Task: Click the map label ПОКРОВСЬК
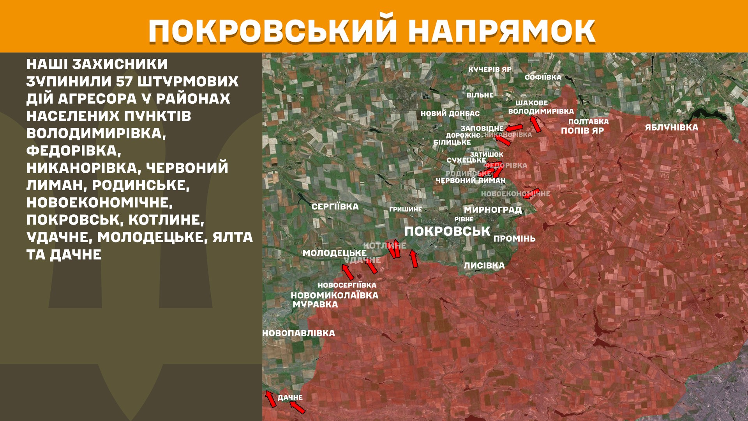click(x=447, y=231)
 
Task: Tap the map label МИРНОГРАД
click(x=492, y=210)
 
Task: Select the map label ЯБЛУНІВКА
click(x=671, y=127)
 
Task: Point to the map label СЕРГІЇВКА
click(x=335, y=207)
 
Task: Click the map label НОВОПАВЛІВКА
click(x=299, y=333)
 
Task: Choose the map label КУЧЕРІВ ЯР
click(x=490, y=69)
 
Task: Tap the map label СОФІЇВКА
click(x=543, y=77)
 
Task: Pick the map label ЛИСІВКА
click(x=484, y=265)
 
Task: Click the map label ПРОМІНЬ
click(x=514, y=239)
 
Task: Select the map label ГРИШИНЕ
click(x=405, y=209)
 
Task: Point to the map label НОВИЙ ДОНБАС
click(x=450, y=114)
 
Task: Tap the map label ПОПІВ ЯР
click(x=582, y=131)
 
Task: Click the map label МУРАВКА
click(x=315, y=304)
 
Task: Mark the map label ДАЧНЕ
click(x=290, y=398)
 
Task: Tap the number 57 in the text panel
click(x=124, y=81)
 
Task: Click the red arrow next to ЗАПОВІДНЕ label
click(x=513, y=127)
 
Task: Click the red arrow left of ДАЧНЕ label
click(x=270, y=399)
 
